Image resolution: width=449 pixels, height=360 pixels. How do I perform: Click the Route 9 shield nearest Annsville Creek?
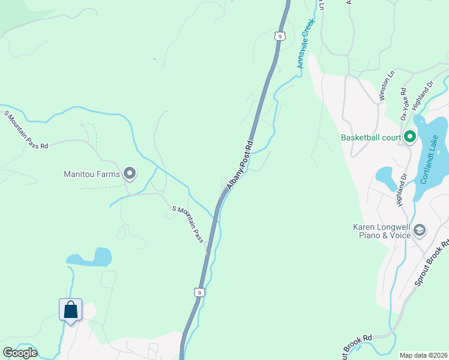tap(279, 36)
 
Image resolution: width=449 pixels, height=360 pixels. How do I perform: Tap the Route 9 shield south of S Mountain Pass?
tap(199, 292)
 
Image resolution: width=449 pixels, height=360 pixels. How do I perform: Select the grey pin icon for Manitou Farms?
tap(130, 175)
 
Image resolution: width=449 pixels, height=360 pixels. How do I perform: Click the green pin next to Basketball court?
tap(410, 137)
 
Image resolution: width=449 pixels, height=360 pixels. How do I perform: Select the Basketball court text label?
tap(370, 137)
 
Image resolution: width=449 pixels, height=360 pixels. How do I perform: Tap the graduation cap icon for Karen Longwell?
tap(420, 230)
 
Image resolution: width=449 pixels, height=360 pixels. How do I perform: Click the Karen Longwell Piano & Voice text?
tap(382, 231)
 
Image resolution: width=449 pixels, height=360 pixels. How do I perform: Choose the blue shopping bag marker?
tap(70, 310)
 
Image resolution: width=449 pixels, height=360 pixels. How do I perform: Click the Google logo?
tap(19, 353)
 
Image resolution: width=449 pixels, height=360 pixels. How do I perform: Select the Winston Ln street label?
tap(386, 86)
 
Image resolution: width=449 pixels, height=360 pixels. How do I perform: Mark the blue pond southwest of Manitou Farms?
tap(91, 258)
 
